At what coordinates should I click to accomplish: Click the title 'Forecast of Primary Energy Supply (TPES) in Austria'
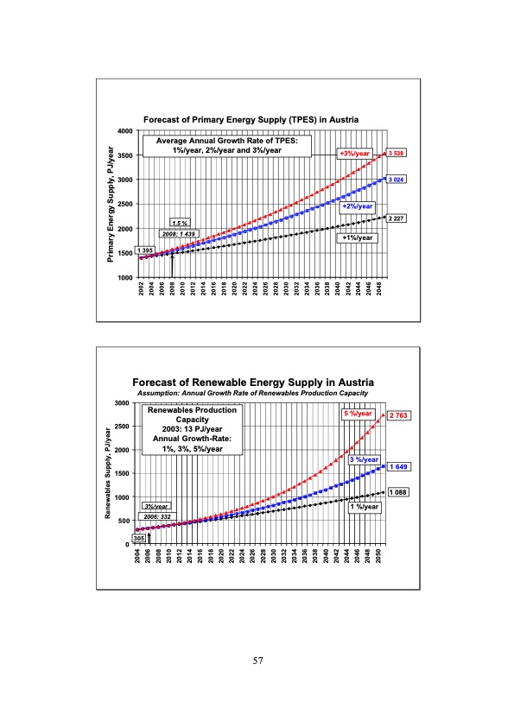tap(251, 118)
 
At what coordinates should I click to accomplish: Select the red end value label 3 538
tap(397, 154)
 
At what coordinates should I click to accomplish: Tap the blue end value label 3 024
tap(397, 179)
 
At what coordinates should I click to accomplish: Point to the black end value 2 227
tap(397, 218)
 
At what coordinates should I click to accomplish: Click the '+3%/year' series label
tap(354, 154)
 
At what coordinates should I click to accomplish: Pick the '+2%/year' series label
tap(357, 206)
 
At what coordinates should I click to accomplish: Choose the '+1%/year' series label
tap(358, 237)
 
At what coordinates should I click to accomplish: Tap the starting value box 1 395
tap(146, 250)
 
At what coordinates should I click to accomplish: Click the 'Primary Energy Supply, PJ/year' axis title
tap(111, 204)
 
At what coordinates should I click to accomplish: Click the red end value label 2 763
tap(398, 415)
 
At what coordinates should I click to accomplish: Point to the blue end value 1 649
tap(398, 466)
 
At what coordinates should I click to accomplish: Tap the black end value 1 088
tap(398, 492)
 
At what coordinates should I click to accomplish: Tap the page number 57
tap(257, 661)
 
